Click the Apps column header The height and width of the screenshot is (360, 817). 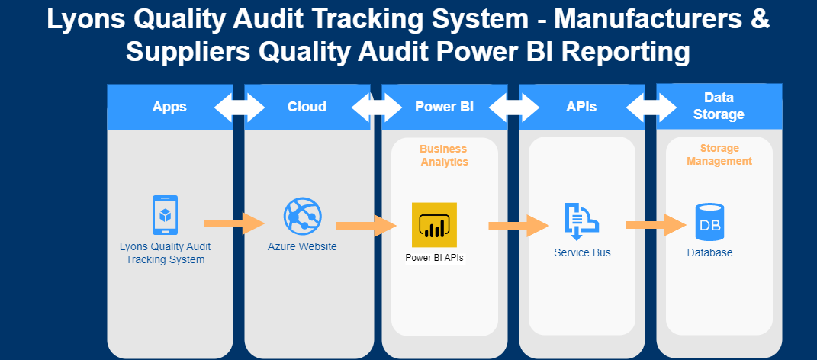coord(169,107)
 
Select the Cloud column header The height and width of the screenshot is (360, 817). coord(307,107)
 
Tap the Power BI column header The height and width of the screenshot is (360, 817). coord(444,107)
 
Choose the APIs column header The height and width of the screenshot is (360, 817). coord(581,107)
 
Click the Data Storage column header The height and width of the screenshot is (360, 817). coord(719,106)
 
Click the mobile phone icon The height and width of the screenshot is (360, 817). coord(165,215)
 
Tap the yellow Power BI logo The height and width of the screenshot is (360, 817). coord(434,224)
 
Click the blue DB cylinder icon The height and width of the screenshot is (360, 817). coord(709,221)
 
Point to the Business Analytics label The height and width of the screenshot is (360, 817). coord(443,155)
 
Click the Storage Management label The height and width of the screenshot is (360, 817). coord(719,154)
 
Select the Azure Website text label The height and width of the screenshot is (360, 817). coord(302,246)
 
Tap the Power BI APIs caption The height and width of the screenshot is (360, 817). coord(434,258)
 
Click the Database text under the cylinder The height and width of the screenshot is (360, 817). coord(709,252)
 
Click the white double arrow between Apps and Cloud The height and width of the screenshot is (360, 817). coord(239,107)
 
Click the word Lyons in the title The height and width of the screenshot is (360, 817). coord(85,20)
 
